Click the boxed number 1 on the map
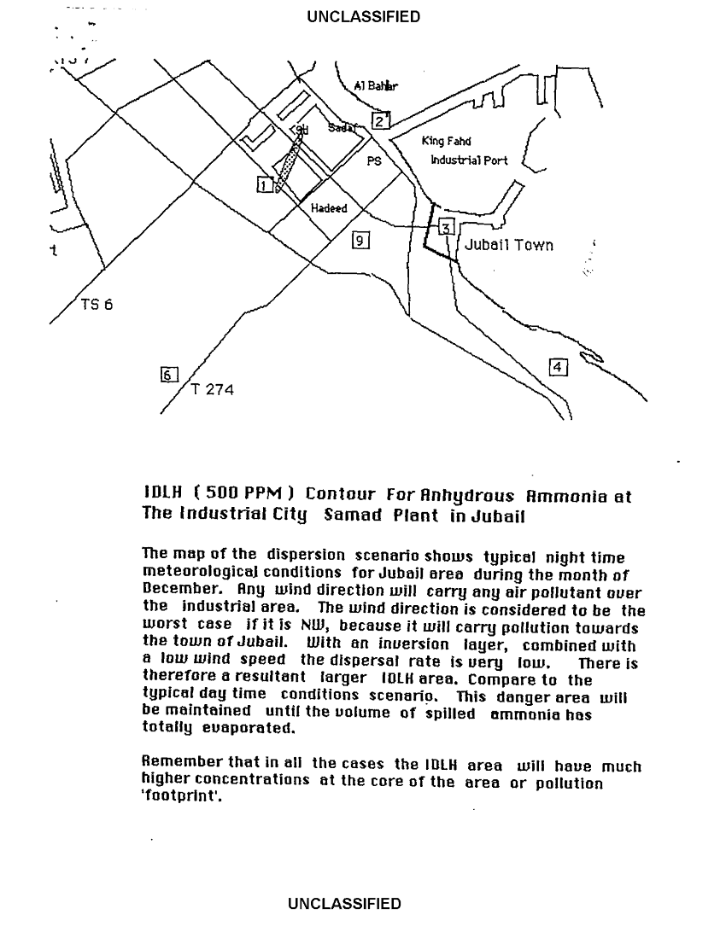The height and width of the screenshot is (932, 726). [265, 184]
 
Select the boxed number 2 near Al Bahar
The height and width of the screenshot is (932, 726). [380, 120]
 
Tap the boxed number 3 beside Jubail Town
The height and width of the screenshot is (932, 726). [447, 226]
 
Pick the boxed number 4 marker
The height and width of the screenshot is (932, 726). [558, 367]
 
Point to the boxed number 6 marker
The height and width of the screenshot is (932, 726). [168, 374]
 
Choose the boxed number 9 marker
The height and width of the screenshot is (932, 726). [360, 241]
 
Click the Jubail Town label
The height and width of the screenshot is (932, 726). [508, 246]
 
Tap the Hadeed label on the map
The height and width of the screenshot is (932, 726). [329, 209]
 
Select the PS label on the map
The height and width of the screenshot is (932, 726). [374, 161]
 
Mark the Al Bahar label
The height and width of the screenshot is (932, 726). [376, 86]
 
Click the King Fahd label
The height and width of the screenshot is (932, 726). [446, 142]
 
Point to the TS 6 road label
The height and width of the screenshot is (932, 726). [97, 304]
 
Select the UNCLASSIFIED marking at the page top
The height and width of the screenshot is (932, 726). [364, 16]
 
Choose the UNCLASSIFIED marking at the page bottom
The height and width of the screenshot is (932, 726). [344, 904]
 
